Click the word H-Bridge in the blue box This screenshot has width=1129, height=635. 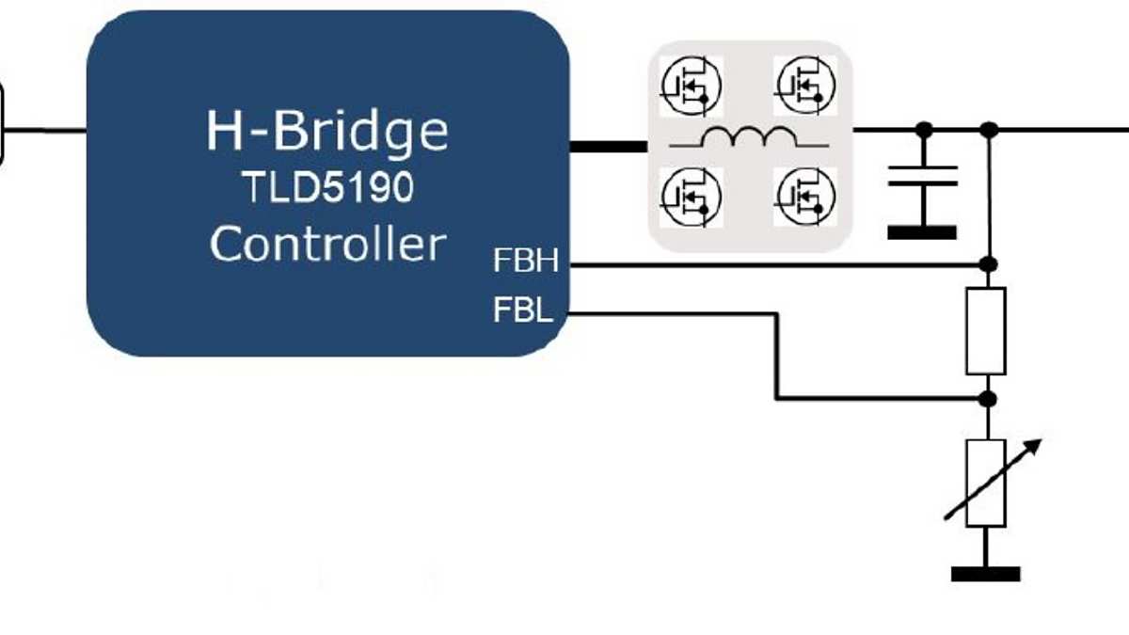[327, 132]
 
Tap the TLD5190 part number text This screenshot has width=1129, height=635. [327, 189]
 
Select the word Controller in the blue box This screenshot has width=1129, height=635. [327, 245]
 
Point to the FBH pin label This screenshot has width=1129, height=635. [525, 261]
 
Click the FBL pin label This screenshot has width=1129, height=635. [523, 310]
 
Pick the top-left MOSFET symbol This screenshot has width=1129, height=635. [692, 85]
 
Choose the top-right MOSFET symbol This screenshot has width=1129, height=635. [805, 85]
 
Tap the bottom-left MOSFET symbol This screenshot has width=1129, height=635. [692, 196]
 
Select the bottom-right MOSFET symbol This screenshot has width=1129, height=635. [805, 196]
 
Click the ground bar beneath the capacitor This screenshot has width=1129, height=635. [923, 232]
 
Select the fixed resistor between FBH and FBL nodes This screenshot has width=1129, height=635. [986, 331]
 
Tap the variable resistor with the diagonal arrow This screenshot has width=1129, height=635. [986, 483]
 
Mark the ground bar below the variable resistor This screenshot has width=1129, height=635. [986, 574]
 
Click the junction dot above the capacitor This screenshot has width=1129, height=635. [924, 129]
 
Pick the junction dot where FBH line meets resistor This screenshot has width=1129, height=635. [987, 265]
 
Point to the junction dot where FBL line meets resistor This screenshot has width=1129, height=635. [987, 399]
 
